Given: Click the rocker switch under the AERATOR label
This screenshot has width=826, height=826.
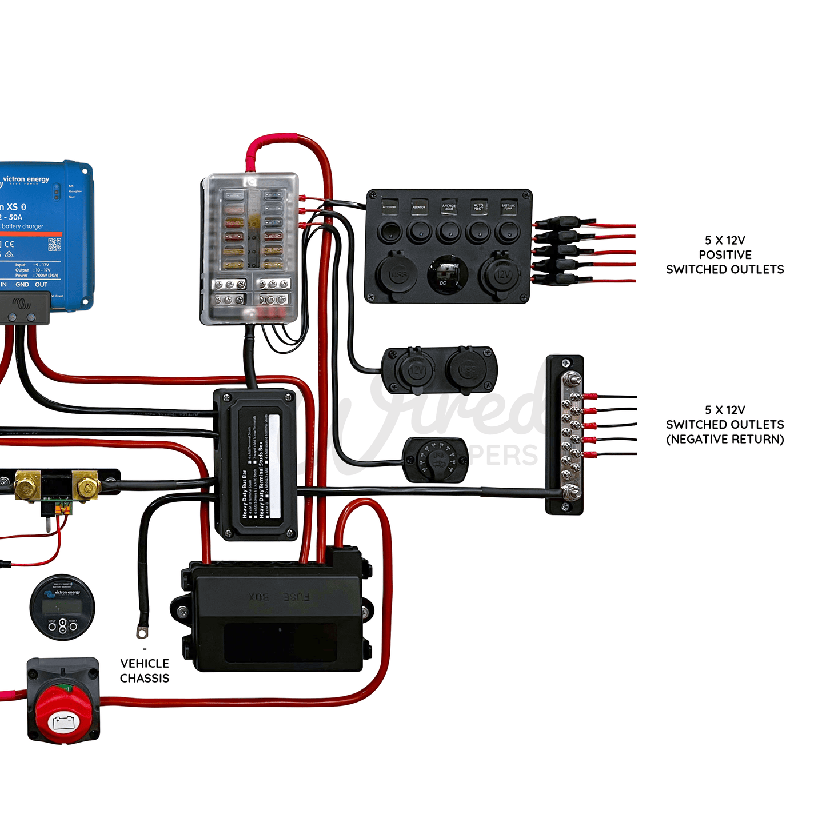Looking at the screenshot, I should [419, 233].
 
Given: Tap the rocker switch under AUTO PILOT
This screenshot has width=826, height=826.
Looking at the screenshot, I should [478, 233].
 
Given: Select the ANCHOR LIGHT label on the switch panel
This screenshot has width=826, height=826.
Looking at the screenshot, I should [449, 206].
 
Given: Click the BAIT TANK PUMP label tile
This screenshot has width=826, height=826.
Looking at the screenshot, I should [508, 206].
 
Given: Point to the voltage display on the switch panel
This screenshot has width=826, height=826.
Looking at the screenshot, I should [449, 273].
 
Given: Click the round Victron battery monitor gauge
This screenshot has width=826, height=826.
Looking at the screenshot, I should [62, 607].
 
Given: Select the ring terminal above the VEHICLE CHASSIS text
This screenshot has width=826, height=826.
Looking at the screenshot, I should [142, 632].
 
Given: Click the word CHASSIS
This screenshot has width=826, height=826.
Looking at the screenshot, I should [145, 678].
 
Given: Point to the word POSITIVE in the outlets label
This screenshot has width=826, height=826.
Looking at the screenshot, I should [725, 255].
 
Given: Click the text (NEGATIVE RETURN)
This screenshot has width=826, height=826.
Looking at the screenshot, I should [725, 440].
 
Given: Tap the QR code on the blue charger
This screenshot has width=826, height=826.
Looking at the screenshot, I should [54, 245].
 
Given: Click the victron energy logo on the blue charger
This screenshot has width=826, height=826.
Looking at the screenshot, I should [26, 180].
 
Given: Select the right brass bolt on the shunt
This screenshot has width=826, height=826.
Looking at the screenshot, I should [87, 487].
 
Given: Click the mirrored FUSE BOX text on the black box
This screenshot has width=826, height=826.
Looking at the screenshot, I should [279, 597].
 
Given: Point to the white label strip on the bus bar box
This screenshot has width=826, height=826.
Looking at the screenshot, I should [274, 466].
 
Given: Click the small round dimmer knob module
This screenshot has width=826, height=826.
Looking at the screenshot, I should [436, 460].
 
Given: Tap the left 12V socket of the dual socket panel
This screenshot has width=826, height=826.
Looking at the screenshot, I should [415, 370].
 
